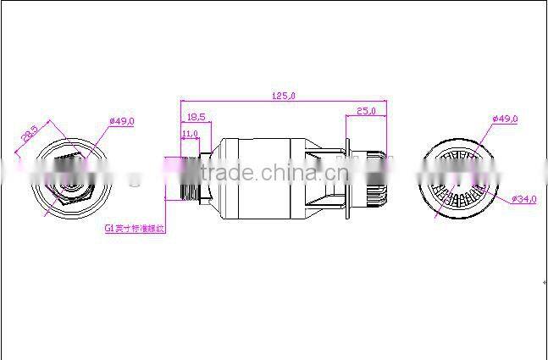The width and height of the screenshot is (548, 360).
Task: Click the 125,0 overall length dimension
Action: tap(285, 97)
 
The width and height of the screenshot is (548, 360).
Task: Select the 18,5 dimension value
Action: tap(195, 116)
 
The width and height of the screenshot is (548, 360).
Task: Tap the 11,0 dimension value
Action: tap(190, 133)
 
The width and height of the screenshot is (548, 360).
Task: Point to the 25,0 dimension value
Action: tap(366, 111)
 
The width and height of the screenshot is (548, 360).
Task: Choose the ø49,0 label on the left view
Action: tap(123, 121)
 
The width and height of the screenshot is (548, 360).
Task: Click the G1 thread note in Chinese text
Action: tap(135, 229)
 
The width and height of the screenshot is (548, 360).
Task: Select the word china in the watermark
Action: tap(281, 174)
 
